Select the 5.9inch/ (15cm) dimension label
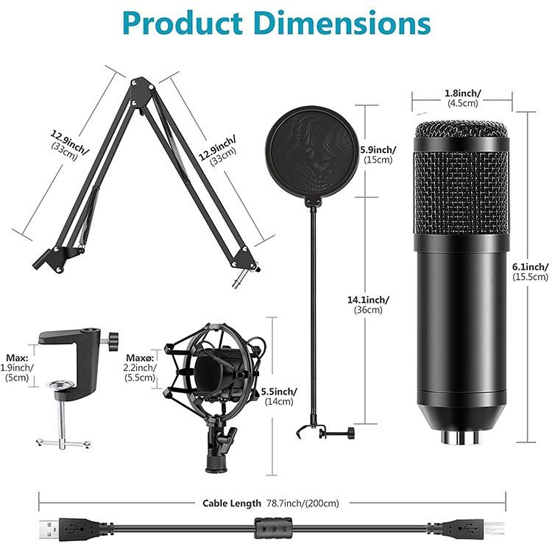(x=378, y=155)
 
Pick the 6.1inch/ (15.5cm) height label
(x=531, y=272)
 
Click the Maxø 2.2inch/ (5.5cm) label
(x=141, y=367)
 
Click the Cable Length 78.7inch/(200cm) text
(x=271, y=503)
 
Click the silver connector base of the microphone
(x=461, y=436)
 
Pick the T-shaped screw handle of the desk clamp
(x=63, y=442)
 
